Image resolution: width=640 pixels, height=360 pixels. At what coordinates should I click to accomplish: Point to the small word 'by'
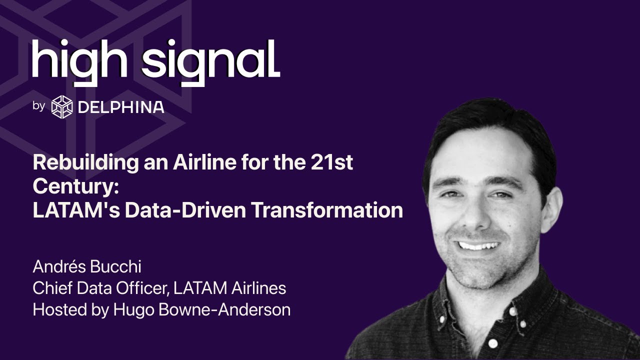(39, 106)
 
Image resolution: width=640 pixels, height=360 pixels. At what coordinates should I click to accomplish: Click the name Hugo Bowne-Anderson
(202, 309)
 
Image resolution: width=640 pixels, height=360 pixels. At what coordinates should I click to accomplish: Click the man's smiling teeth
(479, 245)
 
